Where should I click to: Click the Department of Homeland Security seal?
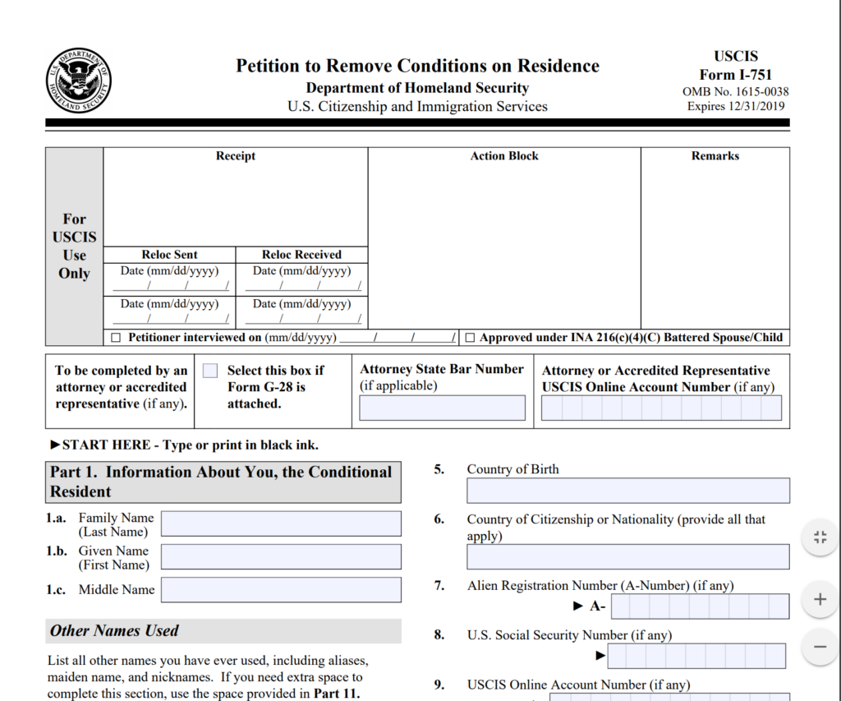[78, 81]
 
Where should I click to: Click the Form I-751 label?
[735, 75]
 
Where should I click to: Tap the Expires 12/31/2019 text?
[735, 106]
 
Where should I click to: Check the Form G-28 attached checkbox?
[210, 371]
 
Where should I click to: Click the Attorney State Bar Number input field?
[442, 408]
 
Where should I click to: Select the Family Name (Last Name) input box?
[281, 523]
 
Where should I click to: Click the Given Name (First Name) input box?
[281, 556]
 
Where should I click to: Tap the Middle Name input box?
[281, 589]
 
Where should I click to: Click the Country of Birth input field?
[628, 491]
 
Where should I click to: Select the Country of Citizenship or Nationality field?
[628, 556]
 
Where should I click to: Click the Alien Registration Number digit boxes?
[700, 606]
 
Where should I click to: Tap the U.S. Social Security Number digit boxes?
[696, 656]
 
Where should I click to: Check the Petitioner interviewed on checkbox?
[116, 338]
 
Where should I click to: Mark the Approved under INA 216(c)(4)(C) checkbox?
[470, 338]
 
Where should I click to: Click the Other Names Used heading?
[114, 631]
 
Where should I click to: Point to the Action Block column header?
[504, 156]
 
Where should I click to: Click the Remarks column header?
[715, 156]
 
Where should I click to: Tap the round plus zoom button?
[820, 599]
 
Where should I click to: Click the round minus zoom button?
[820, 647]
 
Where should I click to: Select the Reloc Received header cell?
[301, 255]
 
